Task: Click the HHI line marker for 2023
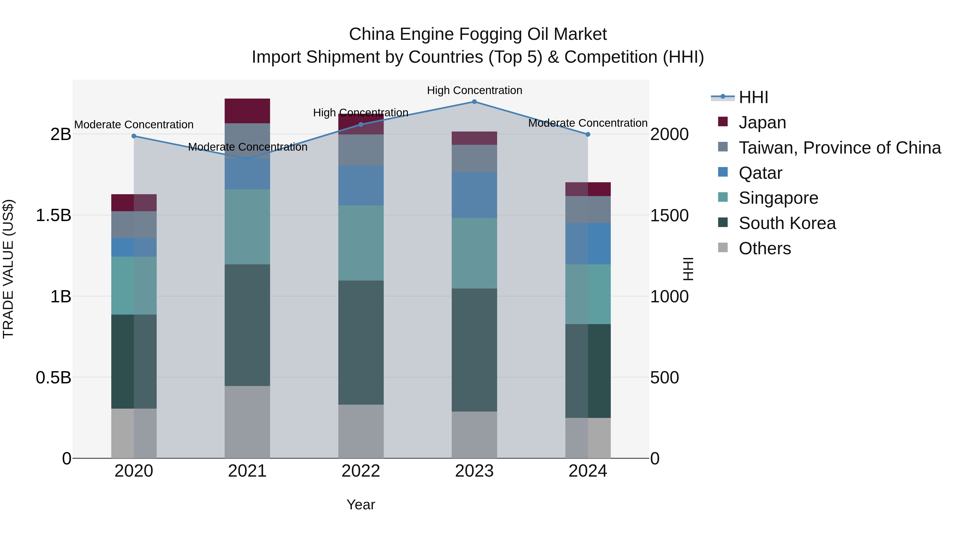[x=474, y=102]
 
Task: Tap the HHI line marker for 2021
[x=247, y=159]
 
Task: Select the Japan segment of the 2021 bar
[x=247, y=111]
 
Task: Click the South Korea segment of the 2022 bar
[x=361, y=342]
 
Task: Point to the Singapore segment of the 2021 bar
[x=247, y=227]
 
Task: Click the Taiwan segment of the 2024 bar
[x=588, y=209]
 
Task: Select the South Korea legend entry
[x=787, y=223]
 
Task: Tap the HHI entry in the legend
[x=753, y=97]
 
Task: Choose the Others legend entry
[x=765, y=248]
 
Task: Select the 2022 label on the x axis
[x=361, y=471]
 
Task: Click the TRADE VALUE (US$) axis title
[x=8, y=269]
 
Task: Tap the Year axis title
[x=361, y=505]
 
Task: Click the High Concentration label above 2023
[x=474, y=90]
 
